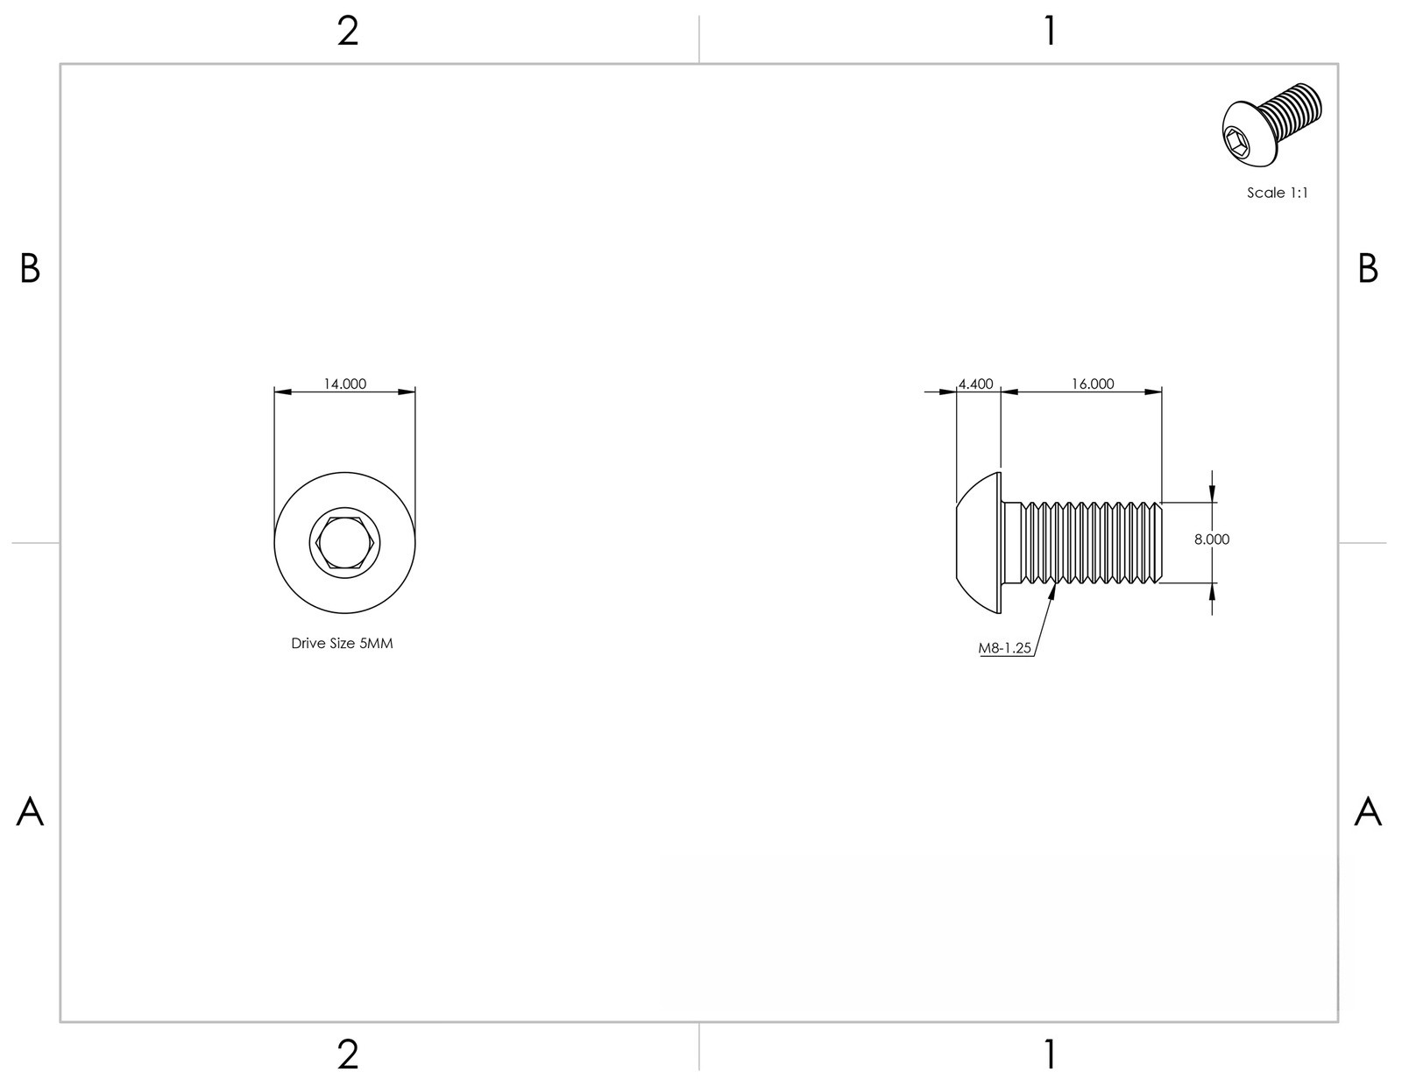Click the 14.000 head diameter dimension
pos(344,384)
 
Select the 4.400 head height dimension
pos(975,384)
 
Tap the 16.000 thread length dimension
pos(1093,384)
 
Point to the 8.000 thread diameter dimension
pos(1212,539)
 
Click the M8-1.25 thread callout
pos(1004,648)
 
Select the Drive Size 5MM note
pos(342,643)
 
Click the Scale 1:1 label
pos(1277,192)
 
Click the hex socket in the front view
pos(344,542)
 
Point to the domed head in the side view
pos(978,542)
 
